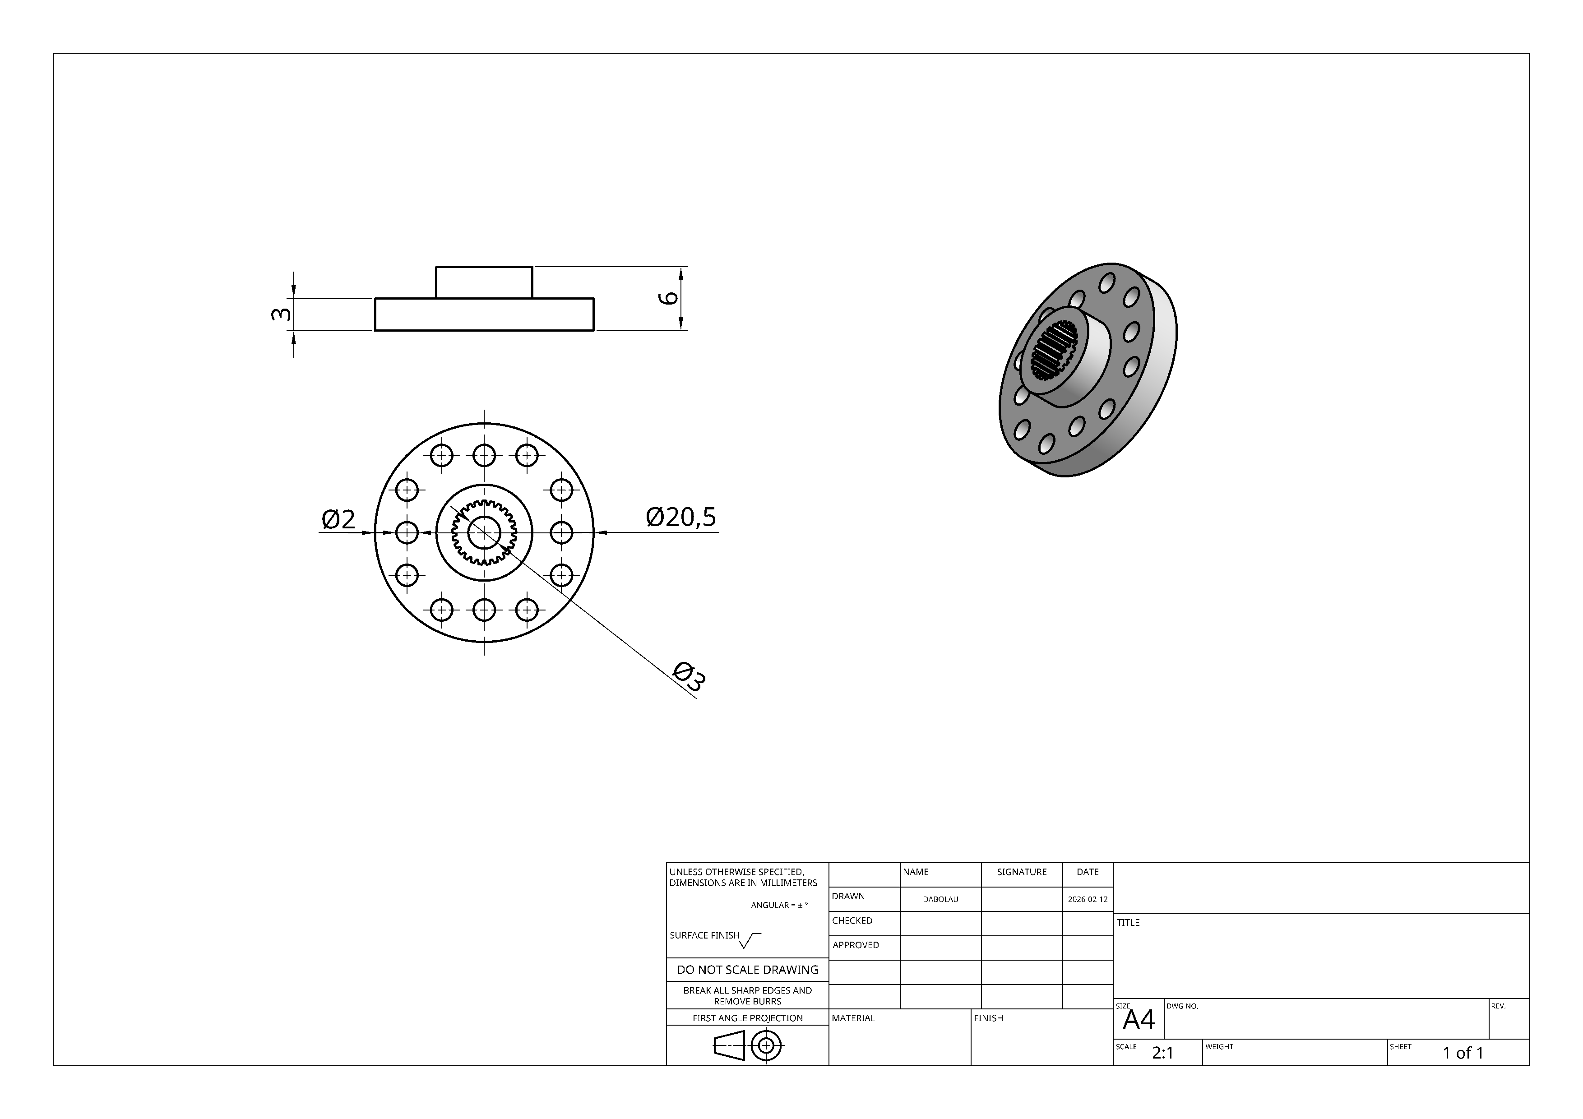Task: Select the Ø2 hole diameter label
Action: [338, 519]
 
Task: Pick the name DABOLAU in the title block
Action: [940, 899]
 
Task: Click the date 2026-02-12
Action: [1087, 899]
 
